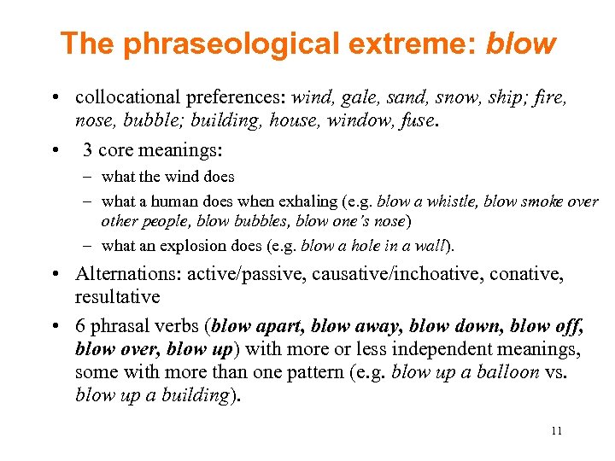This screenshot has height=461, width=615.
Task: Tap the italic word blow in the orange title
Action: pyautogui.click(x=520, y=44)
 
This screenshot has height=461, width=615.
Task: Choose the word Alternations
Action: pyautogui.click(x=126, y=274)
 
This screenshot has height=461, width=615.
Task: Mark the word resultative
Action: pyautogui.click(x=117, y=297)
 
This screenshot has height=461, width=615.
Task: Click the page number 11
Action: pyautogui.click(x=556, y=431)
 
